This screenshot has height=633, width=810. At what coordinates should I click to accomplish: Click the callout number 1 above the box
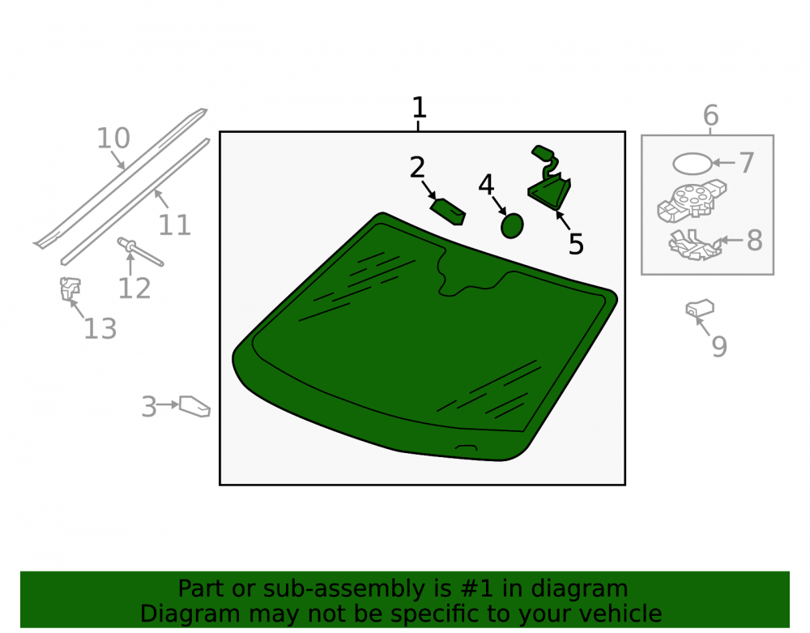[419, 108]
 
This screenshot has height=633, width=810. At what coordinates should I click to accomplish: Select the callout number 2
[417, 168]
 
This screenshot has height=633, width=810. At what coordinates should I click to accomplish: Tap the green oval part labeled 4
[512, 226]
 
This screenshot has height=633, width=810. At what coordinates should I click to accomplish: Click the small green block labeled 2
[448, 212]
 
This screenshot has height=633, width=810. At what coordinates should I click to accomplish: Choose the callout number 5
[576, 244]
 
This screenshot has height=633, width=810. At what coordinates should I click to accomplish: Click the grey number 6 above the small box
[711, 115]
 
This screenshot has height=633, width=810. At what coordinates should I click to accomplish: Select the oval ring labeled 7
[693, 164]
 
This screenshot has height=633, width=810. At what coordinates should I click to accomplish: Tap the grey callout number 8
[755, 240]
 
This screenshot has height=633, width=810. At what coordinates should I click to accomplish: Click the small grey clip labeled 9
[700, 309]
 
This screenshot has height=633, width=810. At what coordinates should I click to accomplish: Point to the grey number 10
[113, 139]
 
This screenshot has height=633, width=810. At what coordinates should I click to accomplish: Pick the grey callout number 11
[174, 225]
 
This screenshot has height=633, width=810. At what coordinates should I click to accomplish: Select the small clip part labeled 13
[70, 289]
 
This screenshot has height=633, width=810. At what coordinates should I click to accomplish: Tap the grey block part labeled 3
[194, 406]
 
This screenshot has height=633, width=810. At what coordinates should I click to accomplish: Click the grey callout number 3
[149, 407]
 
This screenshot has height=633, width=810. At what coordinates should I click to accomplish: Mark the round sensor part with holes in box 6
[692, 201]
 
